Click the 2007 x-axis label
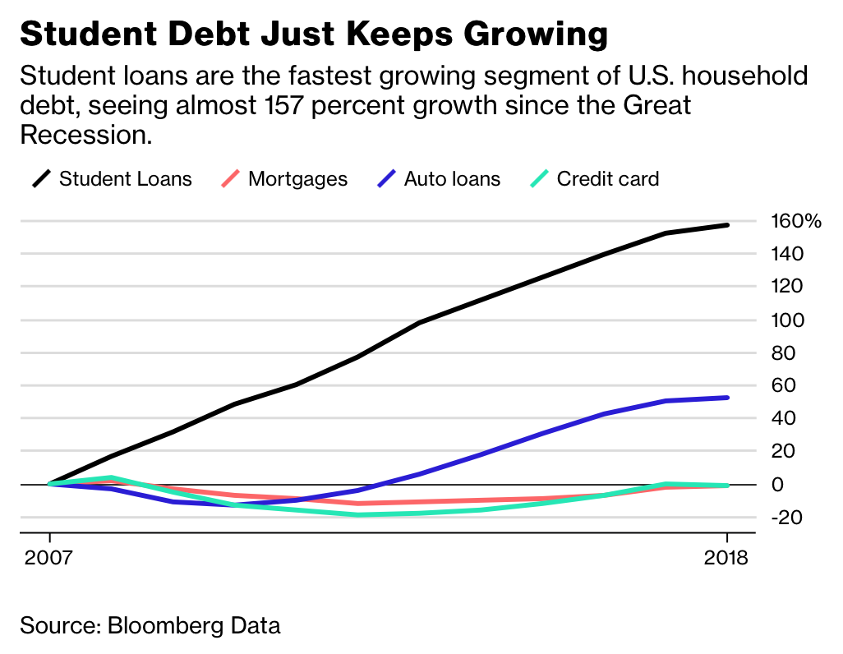coord(49,559)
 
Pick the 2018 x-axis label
coord(727,559)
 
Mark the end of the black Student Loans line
coord(727,225)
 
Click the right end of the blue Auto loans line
coord(727,398)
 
